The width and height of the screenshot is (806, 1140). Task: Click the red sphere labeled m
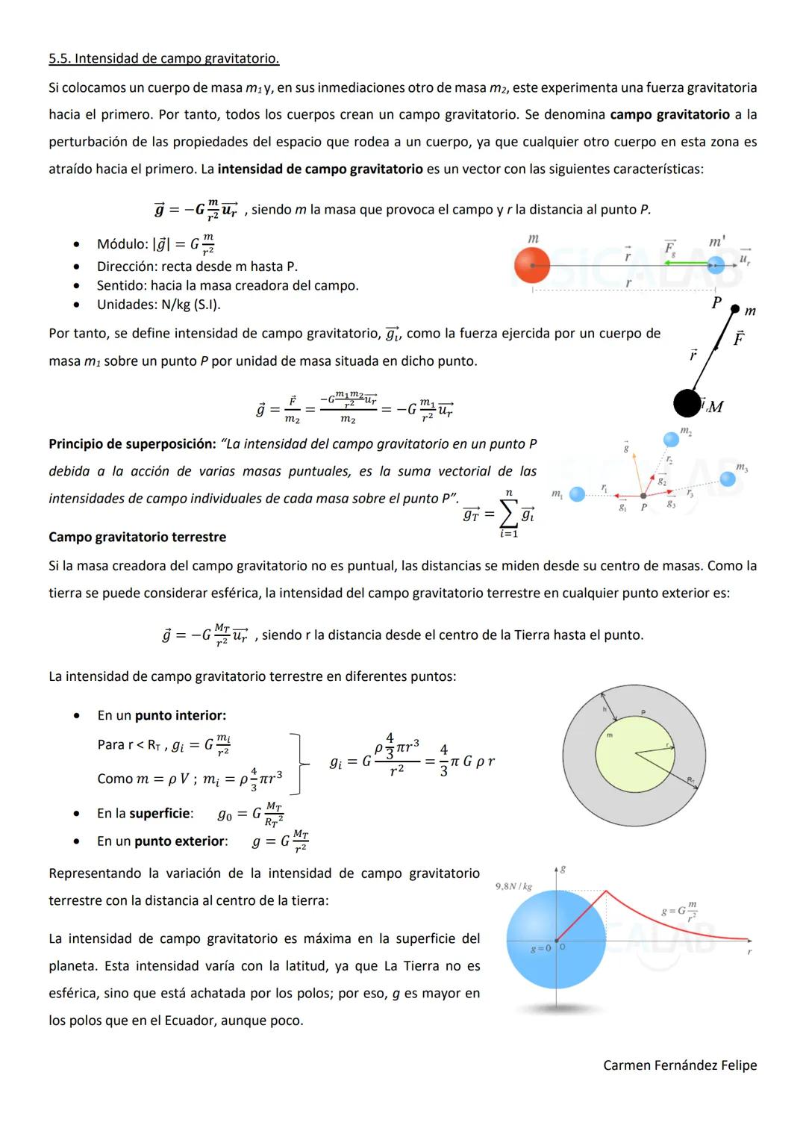(532, 265)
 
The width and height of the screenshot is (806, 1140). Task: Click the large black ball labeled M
(687, 404)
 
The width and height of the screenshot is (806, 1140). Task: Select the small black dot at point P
(734, 308)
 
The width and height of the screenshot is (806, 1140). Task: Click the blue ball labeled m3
(728, 479)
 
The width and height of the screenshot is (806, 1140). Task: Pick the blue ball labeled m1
(577, 494)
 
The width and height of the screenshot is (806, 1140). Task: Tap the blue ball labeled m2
(671, 439)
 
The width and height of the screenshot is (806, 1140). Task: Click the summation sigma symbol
(508, 514)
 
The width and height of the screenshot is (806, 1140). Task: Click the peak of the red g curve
(606, 891)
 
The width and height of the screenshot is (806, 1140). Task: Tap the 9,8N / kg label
(513, 886)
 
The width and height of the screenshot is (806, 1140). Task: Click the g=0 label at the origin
(540, 948)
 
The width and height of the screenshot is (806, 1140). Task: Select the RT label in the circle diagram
(691, 779)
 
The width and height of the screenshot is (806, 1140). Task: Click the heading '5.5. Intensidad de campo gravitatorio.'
(164, 58)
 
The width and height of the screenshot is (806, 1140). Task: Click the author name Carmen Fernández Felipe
(680, 1065)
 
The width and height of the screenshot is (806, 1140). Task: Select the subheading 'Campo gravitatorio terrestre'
(137, 537)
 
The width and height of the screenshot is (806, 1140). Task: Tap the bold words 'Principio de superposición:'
(132, 444)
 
